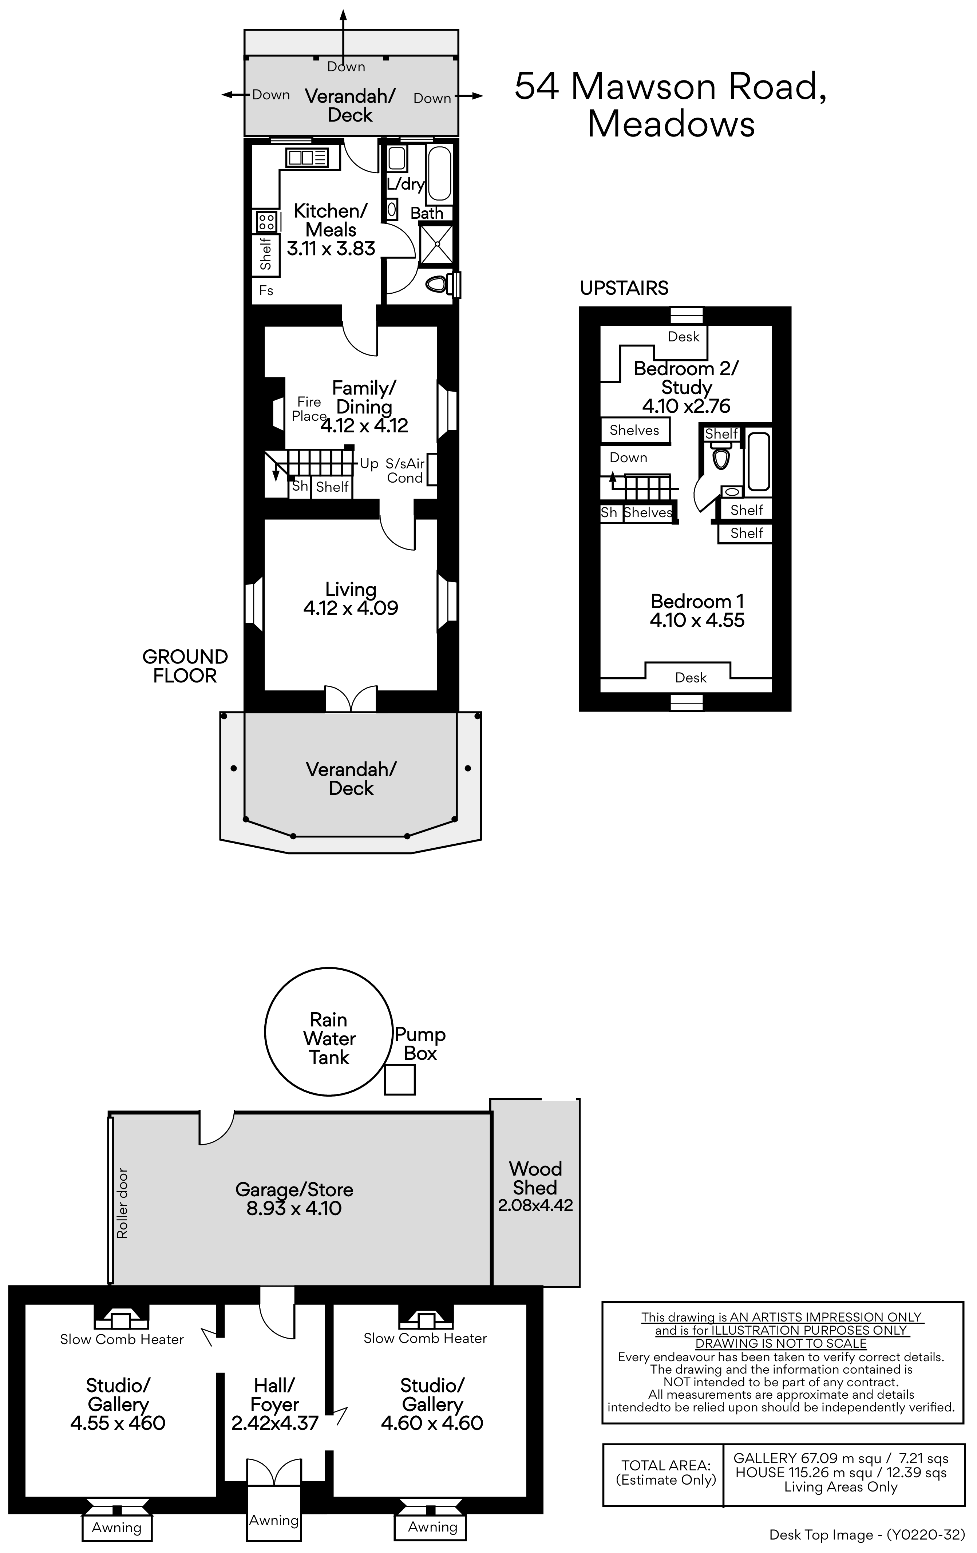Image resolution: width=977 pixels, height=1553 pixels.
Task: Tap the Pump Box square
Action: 400,1079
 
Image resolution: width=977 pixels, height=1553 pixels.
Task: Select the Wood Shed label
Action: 535,1178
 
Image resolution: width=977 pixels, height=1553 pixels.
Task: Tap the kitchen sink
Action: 307,157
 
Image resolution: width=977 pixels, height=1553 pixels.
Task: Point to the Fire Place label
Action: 309,409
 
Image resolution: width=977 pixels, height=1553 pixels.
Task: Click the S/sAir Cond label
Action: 405,471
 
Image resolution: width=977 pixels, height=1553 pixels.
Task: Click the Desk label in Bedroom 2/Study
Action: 684,337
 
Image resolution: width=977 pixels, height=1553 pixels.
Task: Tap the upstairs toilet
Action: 721,457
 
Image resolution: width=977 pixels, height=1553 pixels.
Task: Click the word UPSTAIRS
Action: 624,288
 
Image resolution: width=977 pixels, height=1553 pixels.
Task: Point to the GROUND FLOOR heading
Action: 185,666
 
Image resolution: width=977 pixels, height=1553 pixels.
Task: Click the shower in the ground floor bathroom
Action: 436,244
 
